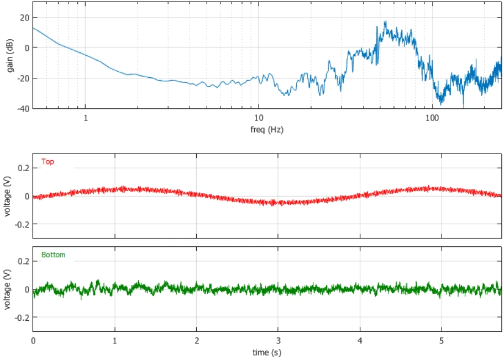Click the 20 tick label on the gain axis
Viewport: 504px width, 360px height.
click(x=24, y=18)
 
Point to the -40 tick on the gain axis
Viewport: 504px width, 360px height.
click(x=23, y=109)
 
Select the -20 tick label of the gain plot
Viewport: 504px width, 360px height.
click(x=23, y=78)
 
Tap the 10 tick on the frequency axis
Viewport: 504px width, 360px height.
click(x=259, y=118)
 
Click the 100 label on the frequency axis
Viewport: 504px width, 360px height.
click(x=432, y=118)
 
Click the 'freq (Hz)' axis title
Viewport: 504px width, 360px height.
click(x=267, y=130)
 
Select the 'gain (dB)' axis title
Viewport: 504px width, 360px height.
click(x=10, y=56)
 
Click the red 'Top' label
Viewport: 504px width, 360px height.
click(x=48, y=162)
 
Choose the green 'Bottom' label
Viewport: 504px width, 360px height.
click(x=53, y=255)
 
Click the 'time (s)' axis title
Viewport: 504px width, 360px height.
click(x=267, y=352)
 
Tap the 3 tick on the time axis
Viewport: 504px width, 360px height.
click(x=278, y=341)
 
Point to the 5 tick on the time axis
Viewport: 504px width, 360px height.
click(x=442, y=341)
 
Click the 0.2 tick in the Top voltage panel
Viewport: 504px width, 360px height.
click(x=23, y=168)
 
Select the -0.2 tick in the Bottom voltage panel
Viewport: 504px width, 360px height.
click(x=22, y=317)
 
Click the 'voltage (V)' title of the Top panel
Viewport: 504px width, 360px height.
click(x=7, y=196)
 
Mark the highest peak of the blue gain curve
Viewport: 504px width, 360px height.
click(x=385, y=22)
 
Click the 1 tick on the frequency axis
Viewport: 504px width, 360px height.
click(x=86, y=118)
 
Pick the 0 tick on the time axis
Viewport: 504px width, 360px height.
click(x=33, y=341)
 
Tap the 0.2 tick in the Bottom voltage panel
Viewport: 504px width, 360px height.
click(x=23, y=261)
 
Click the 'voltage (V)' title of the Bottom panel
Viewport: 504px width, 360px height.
click(x=7, y=289)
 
